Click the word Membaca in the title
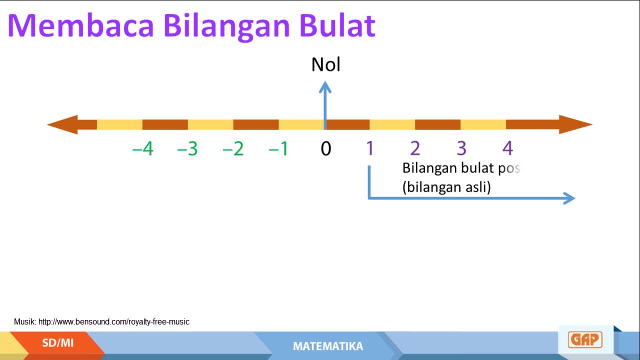coord(81,25)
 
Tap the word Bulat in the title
coord(337,25)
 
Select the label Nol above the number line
coord(325,64)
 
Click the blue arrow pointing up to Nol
coord(325,105)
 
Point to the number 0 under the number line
coord(325,148)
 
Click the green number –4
coord(143,148)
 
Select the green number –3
coord(187,148)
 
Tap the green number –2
coord(233,148)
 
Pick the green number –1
coord(278,148)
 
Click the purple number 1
coord(370,148)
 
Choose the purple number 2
coord(415,148)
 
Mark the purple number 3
coord(461,148)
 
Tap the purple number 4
coord(507,148)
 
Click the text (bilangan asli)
coord(446,187)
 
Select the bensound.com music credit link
coord(113,321)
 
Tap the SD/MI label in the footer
coord(57,343)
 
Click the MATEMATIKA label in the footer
coord(328,346)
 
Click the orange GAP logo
coord(585,339)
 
